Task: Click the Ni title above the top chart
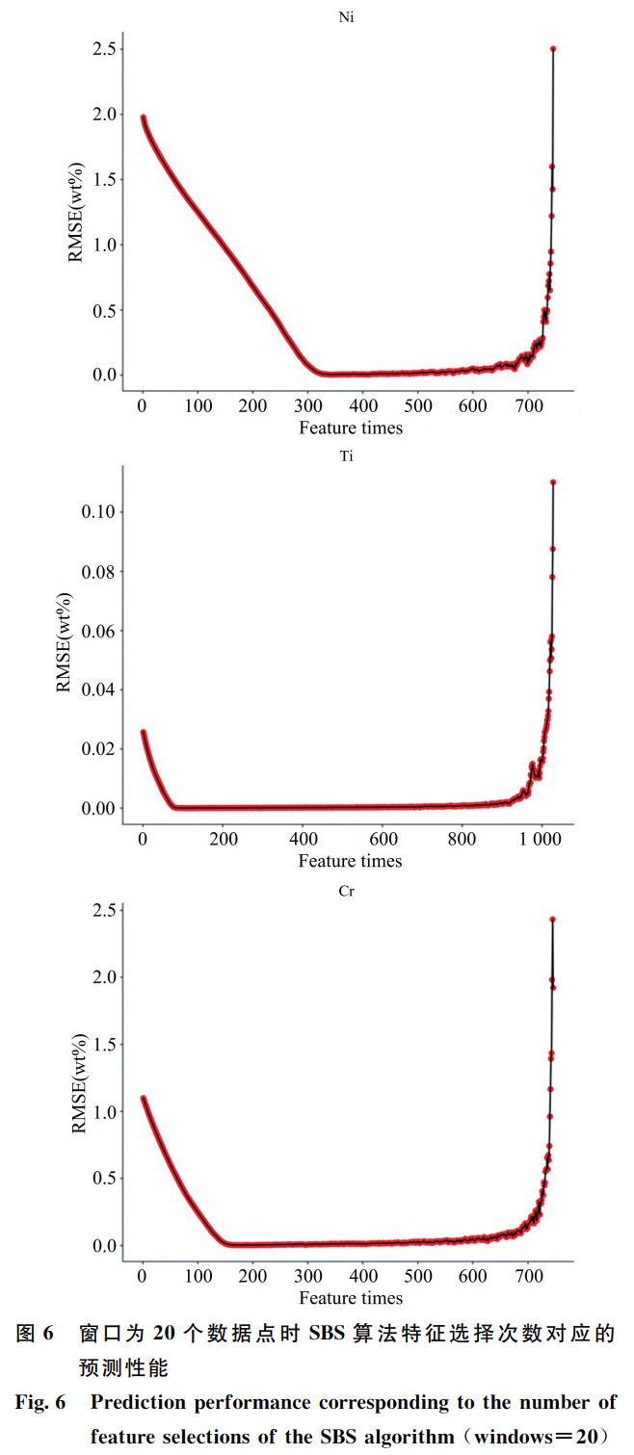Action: pyautogui.click(x=350, y=16)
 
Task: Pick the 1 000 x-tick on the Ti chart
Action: pyautogui.click(x=542, y=839)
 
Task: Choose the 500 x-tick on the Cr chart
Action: pyautogui.click(x=418, y=1275)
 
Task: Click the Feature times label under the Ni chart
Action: pyautogui.click(x=350, y=427)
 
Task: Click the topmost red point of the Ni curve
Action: pyautogui.click(x=553, y=48)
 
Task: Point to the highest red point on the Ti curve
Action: pyautogui.click(x=553, y=481)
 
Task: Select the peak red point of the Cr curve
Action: pyautogui.click(x=552, y=920)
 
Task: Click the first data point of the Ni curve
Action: pyautogui.click(x=143, y=117)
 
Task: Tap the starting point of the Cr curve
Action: pyautogui.click(x=143, y=1098)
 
